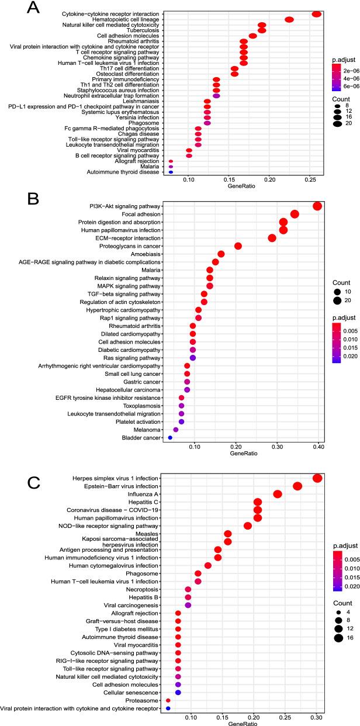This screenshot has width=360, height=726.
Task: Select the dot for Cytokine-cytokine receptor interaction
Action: pyautogui.click(x=317, y=14)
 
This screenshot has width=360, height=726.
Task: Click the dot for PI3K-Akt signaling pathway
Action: pyautogui.click(x=317, y=206)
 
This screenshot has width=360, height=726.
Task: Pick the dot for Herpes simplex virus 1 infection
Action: pyautogui.click(x=317, y=478)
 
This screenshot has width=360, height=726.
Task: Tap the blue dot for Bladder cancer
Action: pyautogui.click(x=170, y=437)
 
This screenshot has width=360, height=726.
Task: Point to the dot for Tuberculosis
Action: pyautogui.click(x=262, y=30)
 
